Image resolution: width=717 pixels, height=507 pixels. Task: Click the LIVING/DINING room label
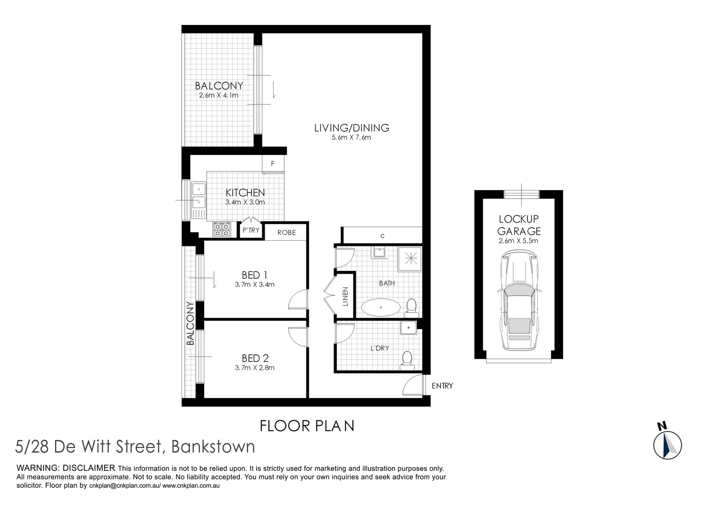pyautogui.click(x=351, y=128)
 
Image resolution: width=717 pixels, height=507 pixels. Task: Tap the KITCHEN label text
pyautogui.click(x=245, y=192)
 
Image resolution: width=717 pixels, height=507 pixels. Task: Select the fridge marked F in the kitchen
pyautogui.click(x=273, y=164)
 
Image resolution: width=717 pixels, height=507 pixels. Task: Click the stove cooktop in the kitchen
pyautogui.click(x=221, y=230)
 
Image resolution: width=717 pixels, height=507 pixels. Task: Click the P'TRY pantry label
pyautogui.click(x=251, y=230)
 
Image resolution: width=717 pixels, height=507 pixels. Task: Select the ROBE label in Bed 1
pyautogui.click(x=286, y=232)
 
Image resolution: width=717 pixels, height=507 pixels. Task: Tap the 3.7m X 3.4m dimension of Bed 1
pyautogui.click(x=254, y=284)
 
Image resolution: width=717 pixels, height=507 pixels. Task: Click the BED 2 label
pyautogui.click(x=255, y=358)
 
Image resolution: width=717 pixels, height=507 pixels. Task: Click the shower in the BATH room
pyautogui.click(x=410, y=259)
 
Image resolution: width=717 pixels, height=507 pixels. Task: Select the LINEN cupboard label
pyautogui.click(x=345, y=297)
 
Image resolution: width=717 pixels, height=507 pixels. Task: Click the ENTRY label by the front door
pyautogui.click(x=442, y=386)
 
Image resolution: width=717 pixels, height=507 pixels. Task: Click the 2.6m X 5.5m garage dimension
pyautogui.click(x=519, y=241)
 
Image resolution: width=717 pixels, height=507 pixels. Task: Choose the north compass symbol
pyautogui.click(x=667, y=443)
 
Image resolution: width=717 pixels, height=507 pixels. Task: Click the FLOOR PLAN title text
pyautogui.click(x=307, y=426)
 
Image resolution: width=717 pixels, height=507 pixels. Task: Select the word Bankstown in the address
pyautogui.click(x=213, y=446)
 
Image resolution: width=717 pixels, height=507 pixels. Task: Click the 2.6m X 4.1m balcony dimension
pyautogui.click(x=219, y=95)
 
